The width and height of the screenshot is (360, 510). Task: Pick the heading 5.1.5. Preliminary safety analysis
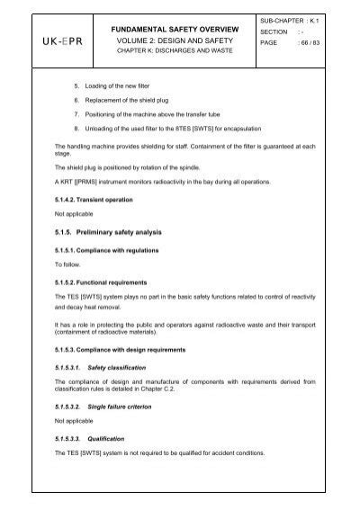pos(113,233)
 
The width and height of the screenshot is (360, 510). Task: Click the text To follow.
pos(67,264)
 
